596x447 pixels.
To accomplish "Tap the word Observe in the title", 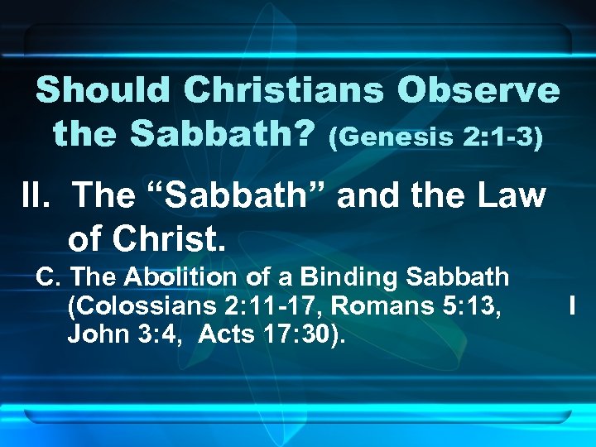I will tap(478, 90).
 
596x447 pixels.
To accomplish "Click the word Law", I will tap(512, 195).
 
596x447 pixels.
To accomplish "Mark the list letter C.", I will tap(46, 276).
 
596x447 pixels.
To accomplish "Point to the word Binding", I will tap(339, 276).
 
